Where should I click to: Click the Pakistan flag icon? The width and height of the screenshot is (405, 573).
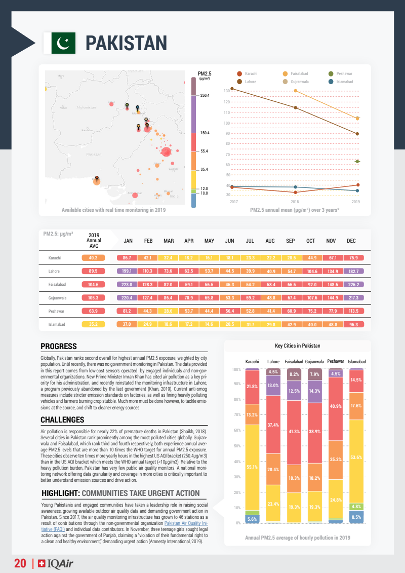[63, 43]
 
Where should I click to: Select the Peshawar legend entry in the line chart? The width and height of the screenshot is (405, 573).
[344, 74]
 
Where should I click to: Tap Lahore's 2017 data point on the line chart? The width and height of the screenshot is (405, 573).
[232, 89]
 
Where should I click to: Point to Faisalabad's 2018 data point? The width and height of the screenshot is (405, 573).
[295, 91]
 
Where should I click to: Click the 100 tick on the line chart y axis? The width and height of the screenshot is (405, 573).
[227, 123]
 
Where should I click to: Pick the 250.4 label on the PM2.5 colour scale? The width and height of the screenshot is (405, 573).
[205, 95]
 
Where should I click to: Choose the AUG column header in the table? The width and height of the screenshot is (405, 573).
[270, 241]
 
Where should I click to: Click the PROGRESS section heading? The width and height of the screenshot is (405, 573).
[59, 347]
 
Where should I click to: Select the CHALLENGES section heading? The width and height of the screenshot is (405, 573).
[62, 420]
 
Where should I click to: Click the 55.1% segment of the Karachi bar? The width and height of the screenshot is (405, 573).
[253, 467]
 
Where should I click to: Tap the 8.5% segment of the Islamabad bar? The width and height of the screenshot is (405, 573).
[356, 517]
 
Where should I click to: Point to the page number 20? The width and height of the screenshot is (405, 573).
[20, 563]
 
